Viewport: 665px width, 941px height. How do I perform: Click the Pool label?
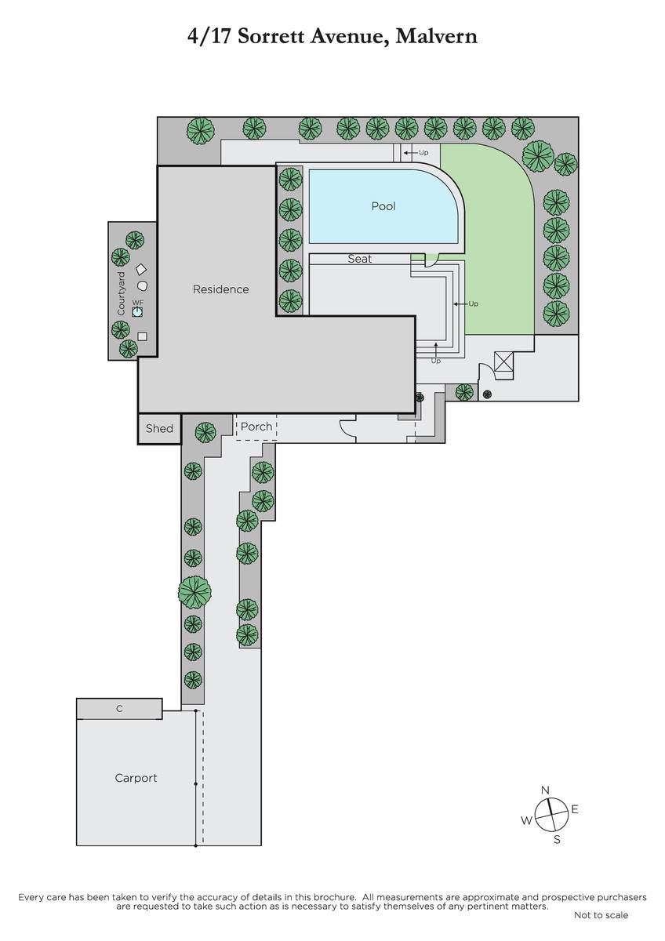tap(383, 206)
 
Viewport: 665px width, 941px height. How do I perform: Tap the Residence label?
tap(220, 289)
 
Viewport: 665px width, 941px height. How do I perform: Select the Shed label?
tap(159, 428)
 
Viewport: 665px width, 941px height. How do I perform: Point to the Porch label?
tap(256, 427)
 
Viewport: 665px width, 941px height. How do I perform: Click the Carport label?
tap(136, 778)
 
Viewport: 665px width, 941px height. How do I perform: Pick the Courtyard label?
tap(121, 293)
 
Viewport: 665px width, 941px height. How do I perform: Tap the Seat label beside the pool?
tap(360, 259)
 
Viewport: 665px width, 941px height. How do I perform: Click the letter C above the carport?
tap(119, 708)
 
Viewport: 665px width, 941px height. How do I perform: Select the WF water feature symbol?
tap(137, 312)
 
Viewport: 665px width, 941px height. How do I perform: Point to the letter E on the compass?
tap(575, 809)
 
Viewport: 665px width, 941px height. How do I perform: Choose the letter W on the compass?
tap(526, 820)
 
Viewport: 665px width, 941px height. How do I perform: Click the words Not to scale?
tap(601, 915)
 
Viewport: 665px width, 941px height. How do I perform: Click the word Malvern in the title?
tap(436, 36)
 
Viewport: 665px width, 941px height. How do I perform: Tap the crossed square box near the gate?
tap(503, 362)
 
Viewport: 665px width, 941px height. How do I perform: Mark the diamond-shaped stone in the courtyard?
tap(141, 269)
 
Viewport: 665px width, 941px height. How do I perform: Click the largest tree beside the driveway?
tap(194, 592)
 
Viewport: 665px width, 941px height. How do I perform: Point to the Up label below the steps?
tap(436, 361)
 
